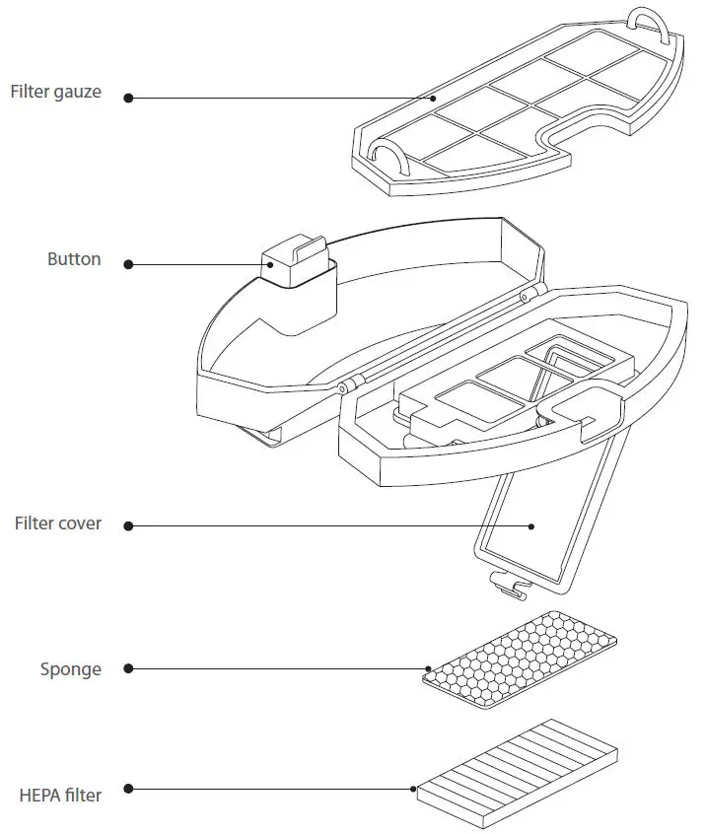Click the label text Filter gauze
(x=55, y=93)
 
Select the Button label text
(x=74, y=260)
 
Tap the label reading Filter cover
(x=57, y=523)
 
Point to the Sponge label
(x=71, y=669)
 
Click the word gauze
(x=78, y=94)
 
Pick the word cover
(x=79, y=523)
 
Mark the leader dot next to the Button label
(x=129, y=264)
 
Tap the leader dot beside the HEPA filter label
(x=129, y=789)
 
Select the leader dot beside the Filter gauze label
(x=128, y=97)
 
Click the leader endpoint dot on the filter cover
(x=530, y=526)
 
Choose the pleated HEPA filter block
(x=518, y=768)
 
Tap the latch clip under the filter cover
(x=509, y=588)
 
